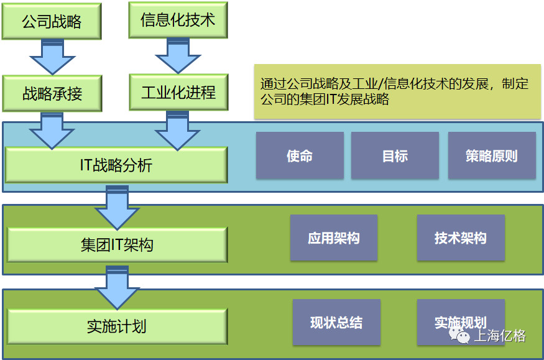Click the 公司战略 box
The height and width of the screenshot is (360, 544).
coord(52,22)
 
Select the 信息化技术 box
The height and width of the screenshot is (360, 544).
coord(178,20)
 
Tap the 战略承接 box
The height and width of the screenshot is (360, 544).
coord(52,94)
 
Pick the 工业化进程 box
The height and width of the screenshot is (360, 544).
coord(178,93)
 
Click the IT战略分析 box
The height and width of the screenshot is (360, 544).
coord(116,165)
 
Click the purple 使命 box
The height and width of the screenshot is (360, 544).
coord(300,155)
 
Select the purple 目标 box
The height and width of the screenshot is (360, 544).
coord(395,155)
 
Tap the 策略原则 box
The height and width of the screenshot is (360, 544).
coord(491,155)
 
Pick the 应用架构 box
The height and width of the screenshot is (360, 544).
coord(334,238)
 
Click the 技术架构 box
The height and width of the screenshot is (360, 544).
coord(460,238)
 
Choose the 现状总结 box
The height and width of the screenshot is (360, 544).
coord(336,322)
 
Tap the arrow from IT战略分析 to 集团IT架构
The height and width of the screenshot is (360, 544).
coord(116,208)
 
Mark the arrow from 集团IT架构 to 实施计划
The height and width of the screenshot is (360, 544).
coord(116,288)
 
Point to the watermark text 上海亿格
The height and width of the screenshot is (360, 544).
coord(500,336)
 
